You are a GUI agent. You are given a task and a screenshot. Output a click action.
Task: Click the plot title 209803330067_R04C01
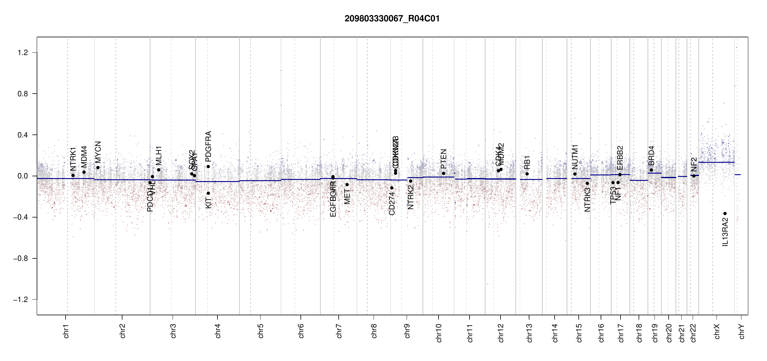tap(392, 19)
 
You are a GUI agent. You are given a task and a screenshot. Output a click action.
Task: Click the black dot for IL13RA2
tap(725, 214)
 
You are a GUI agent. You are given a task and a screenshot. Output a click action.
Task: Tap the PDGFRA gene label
tap(208, 147)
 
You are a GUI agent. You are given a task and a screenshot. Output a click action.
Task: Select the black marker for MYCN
tap(98, 168)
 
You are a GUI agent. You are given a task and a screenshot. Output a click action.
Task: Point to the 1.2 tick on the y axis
tap(23, 53)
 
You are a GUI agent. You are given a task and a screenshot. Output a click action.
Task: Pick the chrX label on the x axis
tap(717, 331)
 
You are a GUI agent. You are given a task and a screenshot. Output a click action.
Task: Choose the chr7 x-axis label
tap(339, 331)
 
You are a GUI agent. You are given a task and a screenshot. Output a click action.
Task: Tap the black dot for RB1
tap(527, 174)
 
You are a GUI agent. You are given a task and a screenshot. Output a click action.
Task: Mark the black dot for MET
tap(347, 185)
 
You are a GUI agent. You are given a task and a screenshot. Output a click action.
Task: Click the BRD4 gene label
tap(651, 156)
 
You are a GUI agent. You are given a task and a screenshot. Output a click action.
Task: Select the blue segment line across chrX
tap(716, 162)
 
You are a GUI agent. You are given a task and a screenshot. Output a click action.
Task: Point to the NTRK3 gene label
tap(587, 200)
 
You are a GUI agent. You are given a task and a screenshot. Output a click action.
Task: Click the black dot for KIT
tap(208, 193)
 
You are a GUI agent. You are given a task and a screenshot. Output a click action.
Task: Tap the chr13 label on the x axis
tap(529, 333)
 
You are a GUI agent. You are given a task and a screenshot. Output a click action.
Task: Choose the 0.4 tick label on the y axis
tap(23, 135)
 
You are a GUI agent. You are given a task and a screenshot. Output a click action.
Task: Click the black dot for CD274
tap(392, 188)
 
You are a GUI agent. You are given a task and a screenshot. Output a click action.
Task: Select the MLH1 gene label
tap(159, 156)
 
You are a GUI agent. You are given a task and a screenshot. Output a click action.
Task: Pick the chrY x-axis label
tap(742, 331)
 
